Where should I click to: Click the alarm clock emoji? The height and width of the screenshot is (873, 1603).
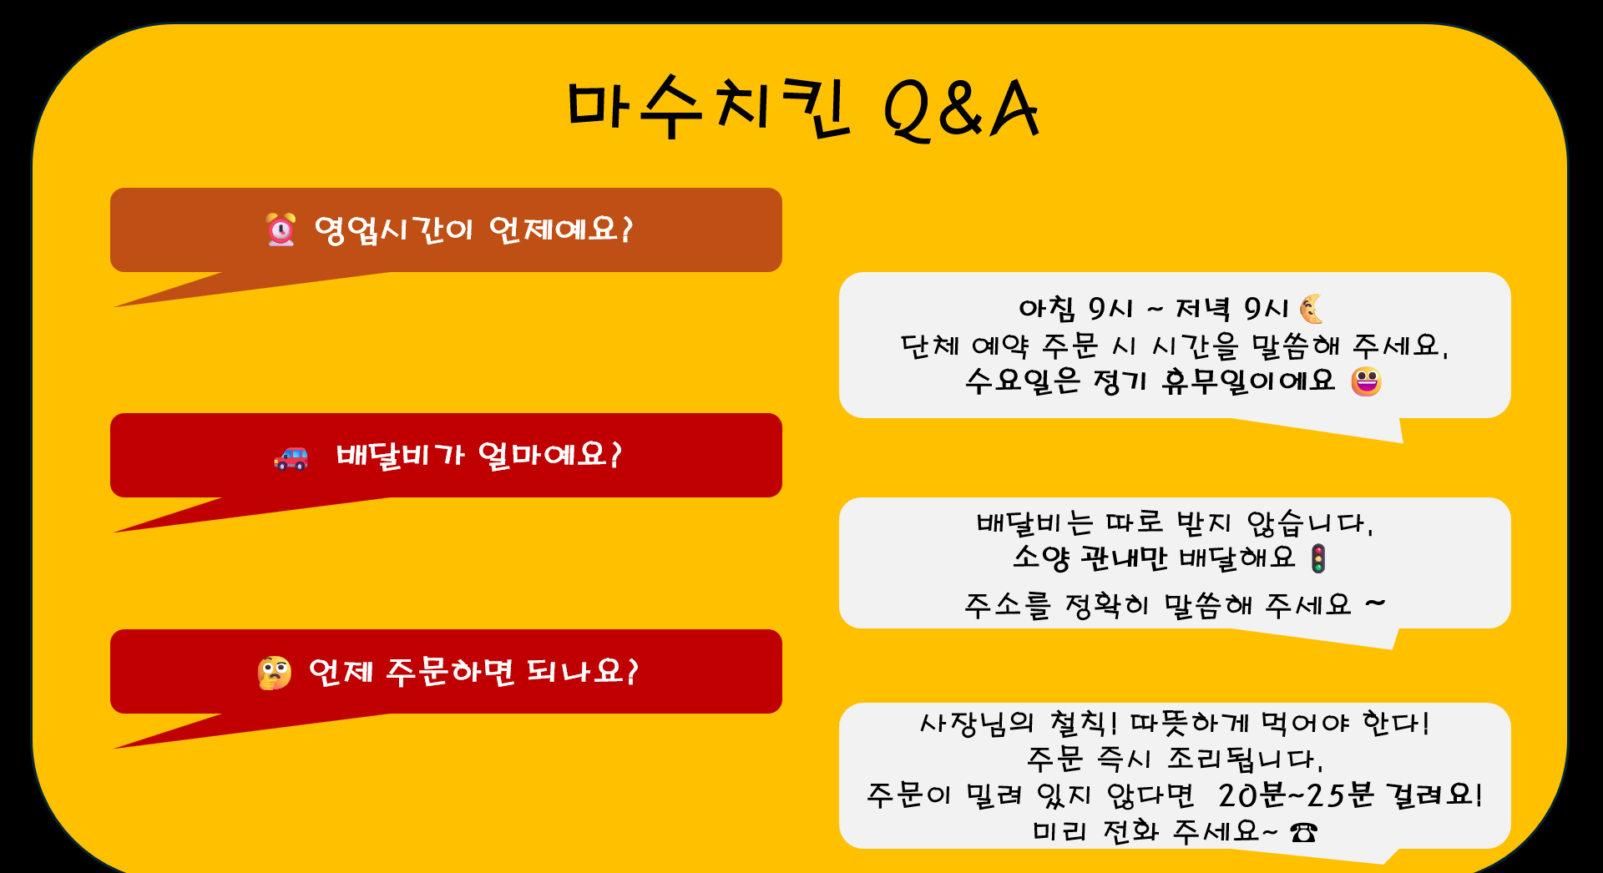281,229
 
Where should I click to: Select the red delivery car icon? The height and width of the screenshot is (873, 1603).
291,457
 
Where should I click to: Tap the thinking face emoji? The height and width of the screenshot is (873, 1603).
275,673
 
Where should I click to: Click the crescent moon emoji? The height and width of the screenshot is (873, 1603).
1312,309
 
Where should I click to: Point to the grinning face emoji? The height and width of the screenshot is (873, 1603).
1366,381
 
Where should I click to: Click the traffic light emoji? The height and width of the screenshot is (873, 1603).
1318,558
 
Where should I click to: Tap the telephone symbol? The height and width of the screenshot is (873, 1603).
1303,832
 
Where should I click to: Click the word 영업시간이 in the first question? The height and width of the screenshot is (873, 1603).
393,230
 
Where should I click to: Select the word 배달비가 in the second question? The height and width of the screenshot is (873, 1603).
400,456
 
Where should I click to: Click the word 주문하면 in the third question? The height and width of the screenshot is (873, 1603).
450,672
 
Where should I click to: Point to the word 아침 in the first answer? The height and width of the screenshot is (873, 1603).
1047,309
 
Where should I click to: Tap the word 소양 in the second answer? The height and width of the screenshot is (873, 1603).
1041,558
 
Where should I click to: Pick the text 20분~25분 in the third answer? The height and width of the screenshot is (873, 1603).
1296,795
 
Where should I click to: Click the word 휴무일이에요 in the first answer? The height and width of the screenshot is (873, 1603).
1248,381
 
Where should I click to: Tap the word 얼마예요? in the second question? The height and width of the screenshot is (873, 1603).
550,456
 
